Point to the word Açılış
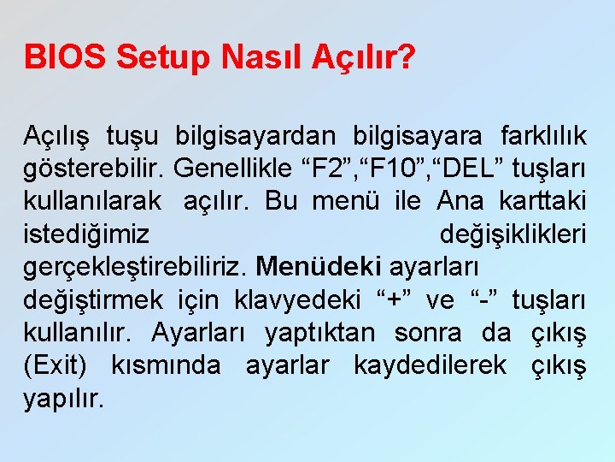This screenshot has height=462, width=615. click(x=57, y=135)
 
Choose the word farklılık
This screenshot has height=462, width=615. click(x=535, y=135)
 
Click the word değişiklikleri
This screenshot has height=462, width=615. click(x=512, y=234)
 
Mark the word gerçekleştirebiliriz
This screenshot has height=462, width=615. click(x=136, y=267)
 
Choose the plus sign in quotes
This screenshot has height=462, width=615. click(x=394, y=300)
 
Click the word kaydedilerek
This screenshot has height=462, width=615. click(x=427, y=365)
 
